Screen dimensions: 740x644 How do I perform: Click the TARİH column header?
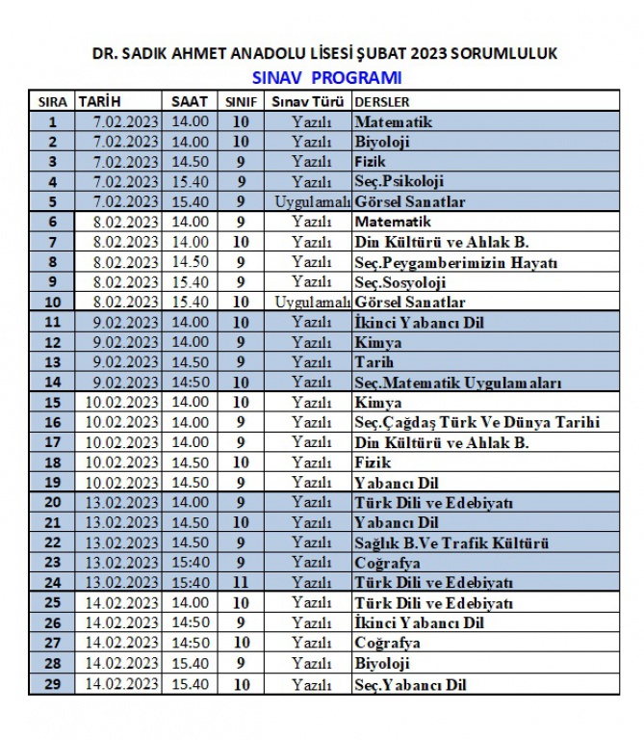100,101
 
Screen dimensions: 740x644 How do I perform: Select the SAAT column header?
189,101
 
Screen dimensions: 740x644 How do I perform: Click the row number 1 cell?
52,122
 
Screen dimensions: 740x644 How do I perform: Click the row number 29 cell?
52,685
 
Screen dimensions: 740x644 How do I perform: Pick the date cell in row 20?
118,503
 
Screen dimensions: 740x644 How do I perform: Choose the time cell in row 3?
189,162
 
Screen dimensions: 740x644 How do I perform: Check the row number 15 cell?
52,403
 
